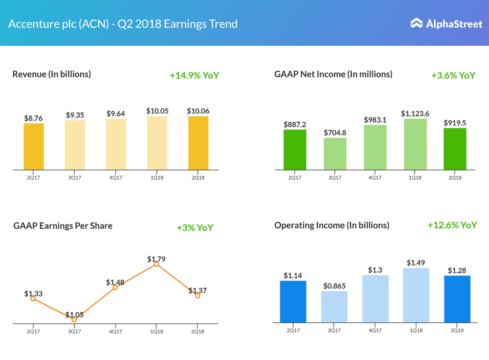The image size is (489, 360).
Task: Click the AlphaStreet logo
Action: tap(446, 23)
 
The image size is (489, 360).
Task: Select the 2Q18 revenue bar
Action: tap(198, 143)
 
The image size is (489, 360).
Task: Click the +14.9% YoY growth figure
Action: tap(194, 75)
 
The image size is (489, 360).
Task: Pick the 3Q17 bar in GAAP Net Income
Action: tap(335, 154)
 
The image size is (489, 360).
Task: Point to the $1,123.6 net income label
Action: tap(415, 113)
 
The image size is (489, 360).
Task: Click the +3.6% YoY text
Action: tap(453, 75)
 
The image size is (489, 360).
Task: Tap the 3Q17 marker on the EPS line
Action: tap(74, 319)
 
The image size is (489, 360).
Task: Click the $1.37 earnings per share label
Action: tap(198, 290)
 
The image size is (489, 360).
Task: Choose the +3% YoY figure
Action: tap(195, 228)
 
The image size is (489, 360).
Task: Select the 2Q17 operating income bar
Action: tap(293, 301)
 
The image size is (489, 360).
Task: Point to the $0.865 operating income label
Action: tap(334, 286)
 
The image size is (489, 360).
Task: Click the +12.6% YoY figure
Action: tap(452, 225)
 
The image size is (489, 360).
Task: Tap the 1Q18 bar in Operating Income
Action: tap(416, 295)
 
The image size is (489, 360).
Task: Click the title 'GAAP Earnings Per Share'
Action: tap(63, 226)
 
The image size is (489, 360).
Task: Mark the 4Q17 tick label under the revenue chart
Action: tap(115, 177)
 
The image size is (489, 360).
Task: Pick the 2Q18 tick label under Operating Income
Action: tap(457, 330)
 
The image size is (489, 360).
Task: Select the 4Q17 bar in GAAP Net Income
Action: tap(375, 147)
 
